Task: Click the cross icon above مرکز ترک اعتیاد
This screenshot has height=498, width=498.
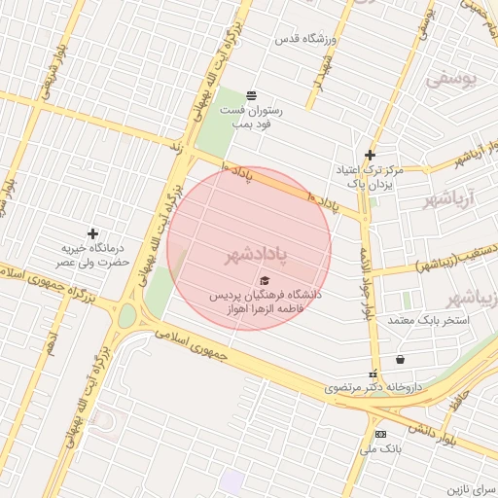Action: pos(370,155)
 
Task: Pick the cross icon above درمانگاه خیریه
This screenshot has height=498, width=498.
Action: pos(93,233)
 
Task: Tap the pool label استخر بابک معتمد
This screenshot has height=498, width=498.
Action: pos(428,320)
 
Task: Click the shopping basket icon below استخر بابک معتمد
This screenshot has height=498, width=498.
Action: pos(400,359)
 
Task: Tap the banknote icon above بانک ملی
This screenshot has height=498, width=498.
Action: pos(380,434)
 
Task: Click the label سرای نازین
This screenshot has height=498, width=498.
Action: pos(471,485)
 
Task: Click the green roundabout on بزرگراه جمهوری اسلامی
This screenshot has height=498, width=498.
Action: pos(126,316)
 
